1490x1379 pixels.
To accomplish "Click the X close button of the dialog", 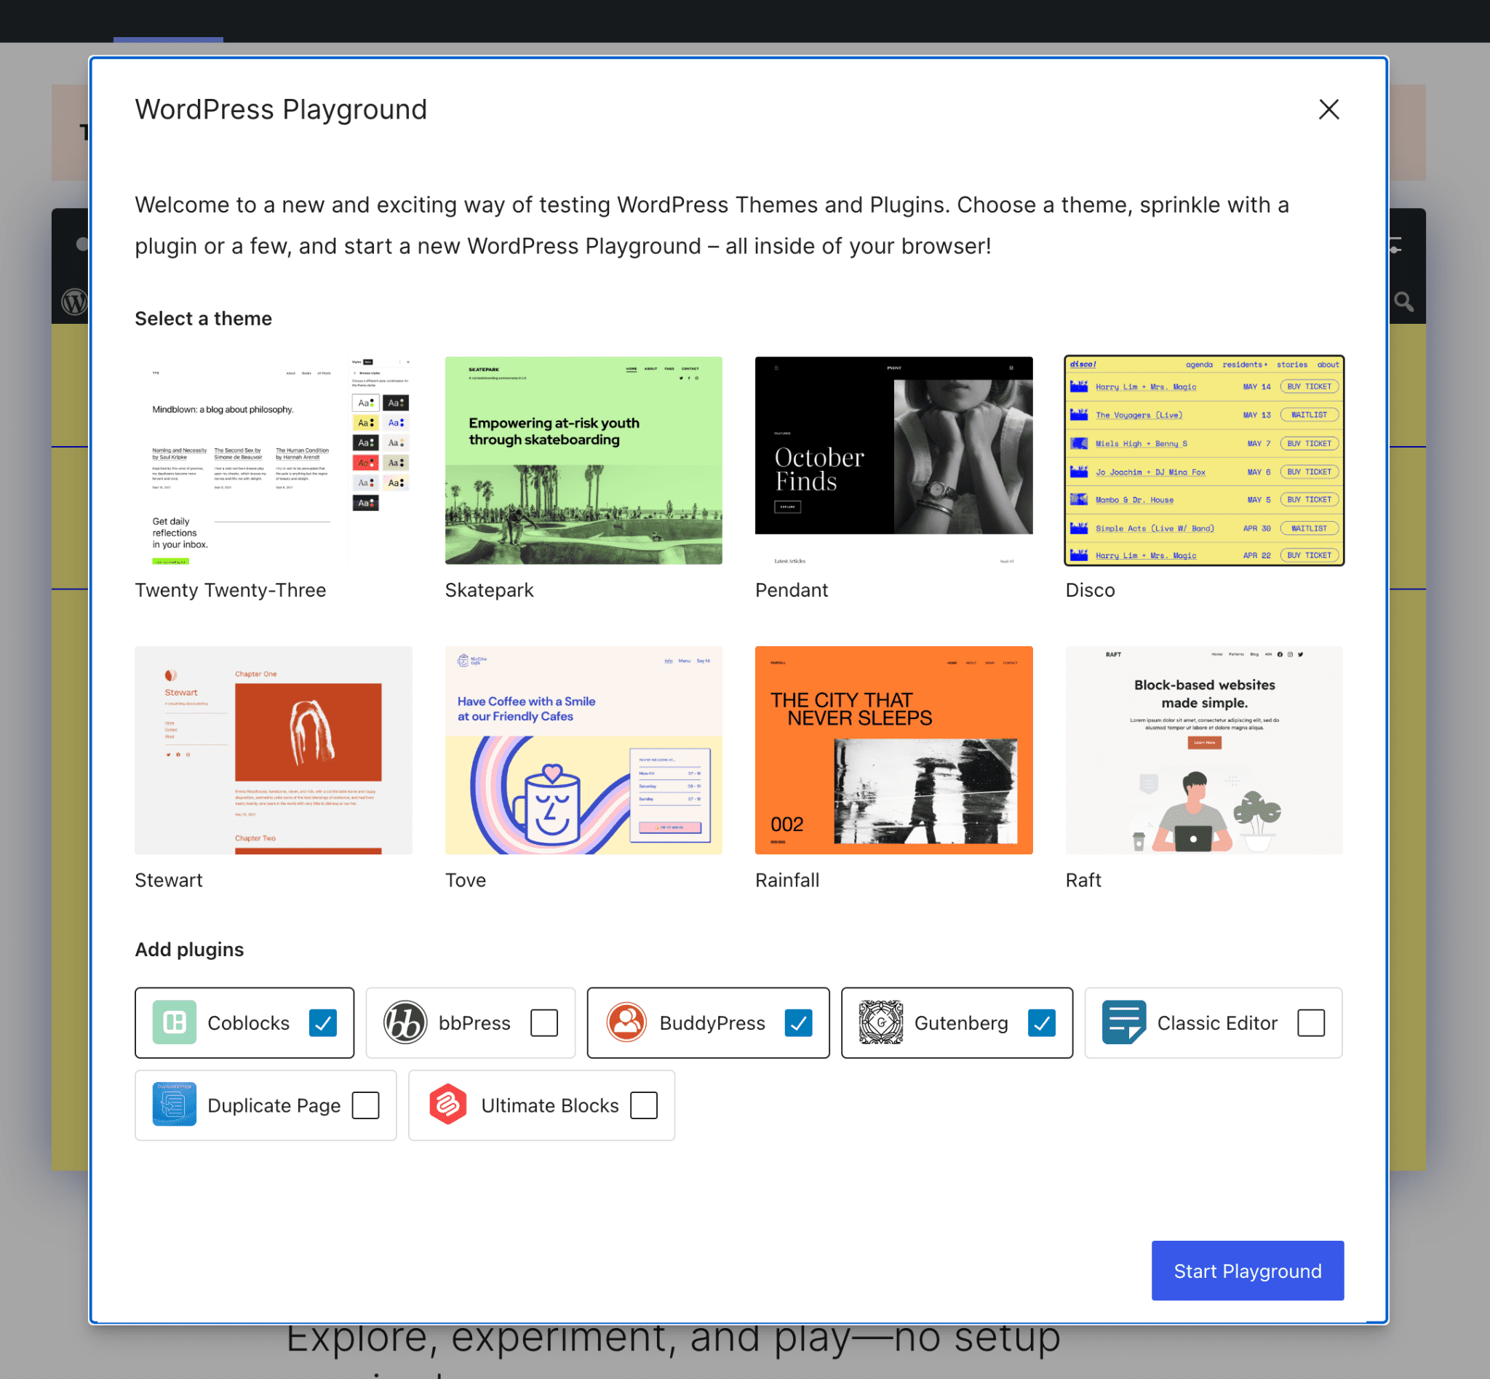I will pyautogui.click(x=1328, y=110).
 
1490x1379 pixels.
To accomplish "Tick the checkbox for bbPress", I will pyautogui.click(x=544, y=1022).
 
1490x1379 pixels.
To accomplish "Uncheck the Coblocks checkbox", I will pyautogui.click(x=323, y=1022).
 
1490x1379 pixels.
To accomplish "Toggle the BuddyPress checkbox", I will pyautogui.click(x=798, y=1022).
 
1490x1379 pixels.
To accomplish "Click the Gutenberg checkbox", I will pyautogui.click(x=1042, y=1022).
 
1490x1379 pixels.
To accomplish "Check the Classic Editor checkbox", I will pyautogui.click(x=1311, y=1022).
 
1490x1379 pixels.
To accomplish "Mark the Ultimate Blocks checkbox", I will pyautogui.click(x=644, y=1105).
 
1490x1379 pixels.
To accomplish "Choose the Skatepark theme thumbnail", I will pyautogui.click(x=583, y=461).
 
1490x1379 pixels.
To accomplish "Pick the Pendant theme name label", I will pyautogui.click(x=792, y=590).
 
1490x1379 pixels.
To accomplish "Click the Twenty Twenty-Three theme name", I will pyautogui.click(x=231, y=590).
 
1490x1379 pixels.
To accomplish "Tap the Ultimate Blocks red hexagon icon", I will pyautogui.click(x=447, y=1105).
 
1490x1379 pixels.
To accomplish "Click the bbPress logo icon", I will pyautogui.click(x=405, y=1022).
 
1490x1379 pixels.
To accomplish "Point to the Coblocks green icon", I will pyautogui.click(x=175, y=1022).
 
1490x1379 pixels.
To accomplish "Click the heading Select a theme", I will pyautogui.click(x=203, y=319).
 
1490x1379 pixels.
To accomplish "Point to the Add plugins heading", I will pyautogui.click(x=189, y=949).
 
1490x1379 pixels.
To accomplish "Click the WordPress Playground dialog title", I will pyautogui.click(x=281, y=110).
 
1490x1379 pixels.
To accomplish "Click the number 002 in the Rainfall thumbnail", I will pyautogui.click(x=786, y=824).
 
